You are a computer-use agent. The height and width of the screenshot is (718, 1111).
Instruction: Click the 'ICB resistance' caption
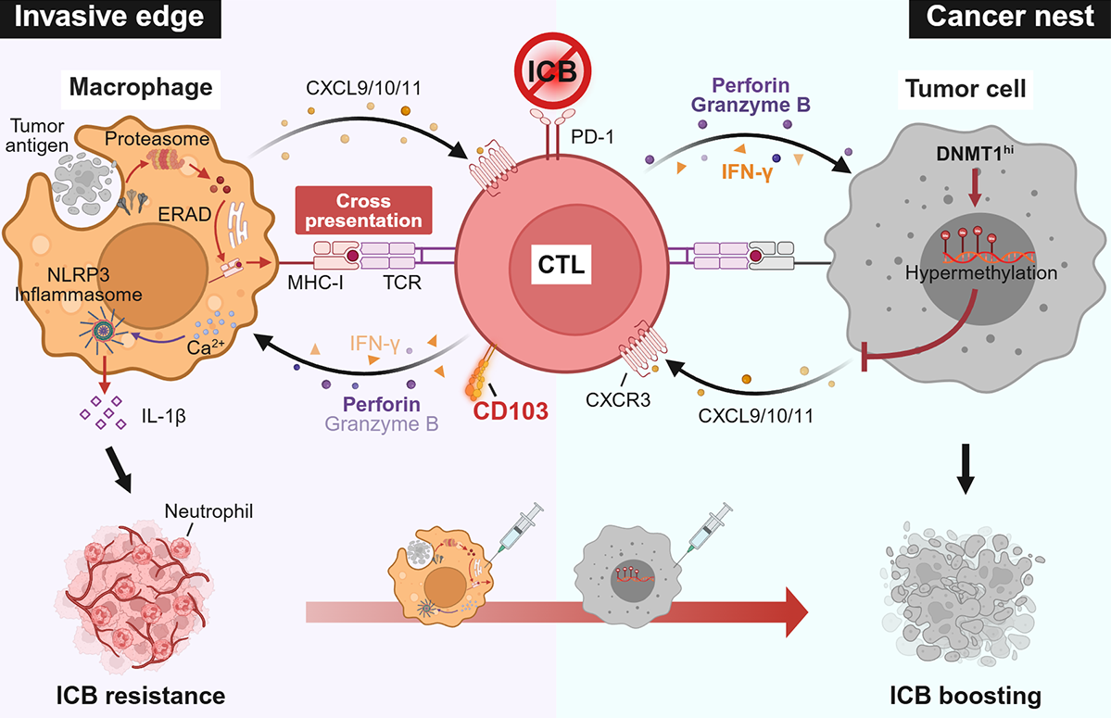point(139,694)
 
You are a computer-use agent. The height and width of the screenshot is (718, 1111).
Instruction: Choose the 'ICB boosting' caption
point(966,694)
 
